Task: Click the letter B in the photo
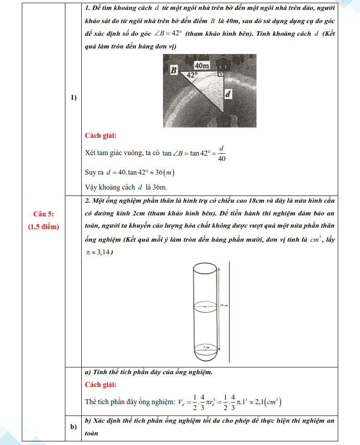tap(173, 70)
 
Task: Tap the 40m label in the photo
tap(202, 66)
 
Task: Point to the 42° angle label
tap(192, 75)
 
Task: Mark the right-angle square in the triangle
tap(221, 73)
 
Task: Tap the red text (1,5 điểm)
tap(43, 226)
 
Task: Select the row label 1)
tap(73, 98)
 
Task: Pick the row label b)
tap(73, 427)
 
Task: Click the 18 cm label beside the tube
tap(223, 305)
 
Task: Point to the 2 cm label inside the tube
tap(207, 347)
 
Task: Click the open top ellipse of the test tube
tap(207, 267)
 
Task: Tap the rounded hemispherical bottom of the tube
tap(207, 357)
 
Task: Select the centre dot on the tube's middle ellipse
tap(207, 307)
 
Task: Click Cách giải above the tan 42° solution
tap(100, 135)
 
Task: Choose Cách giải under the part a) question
tap(100, 385)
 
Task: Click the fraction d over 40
tap(222, 153)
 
